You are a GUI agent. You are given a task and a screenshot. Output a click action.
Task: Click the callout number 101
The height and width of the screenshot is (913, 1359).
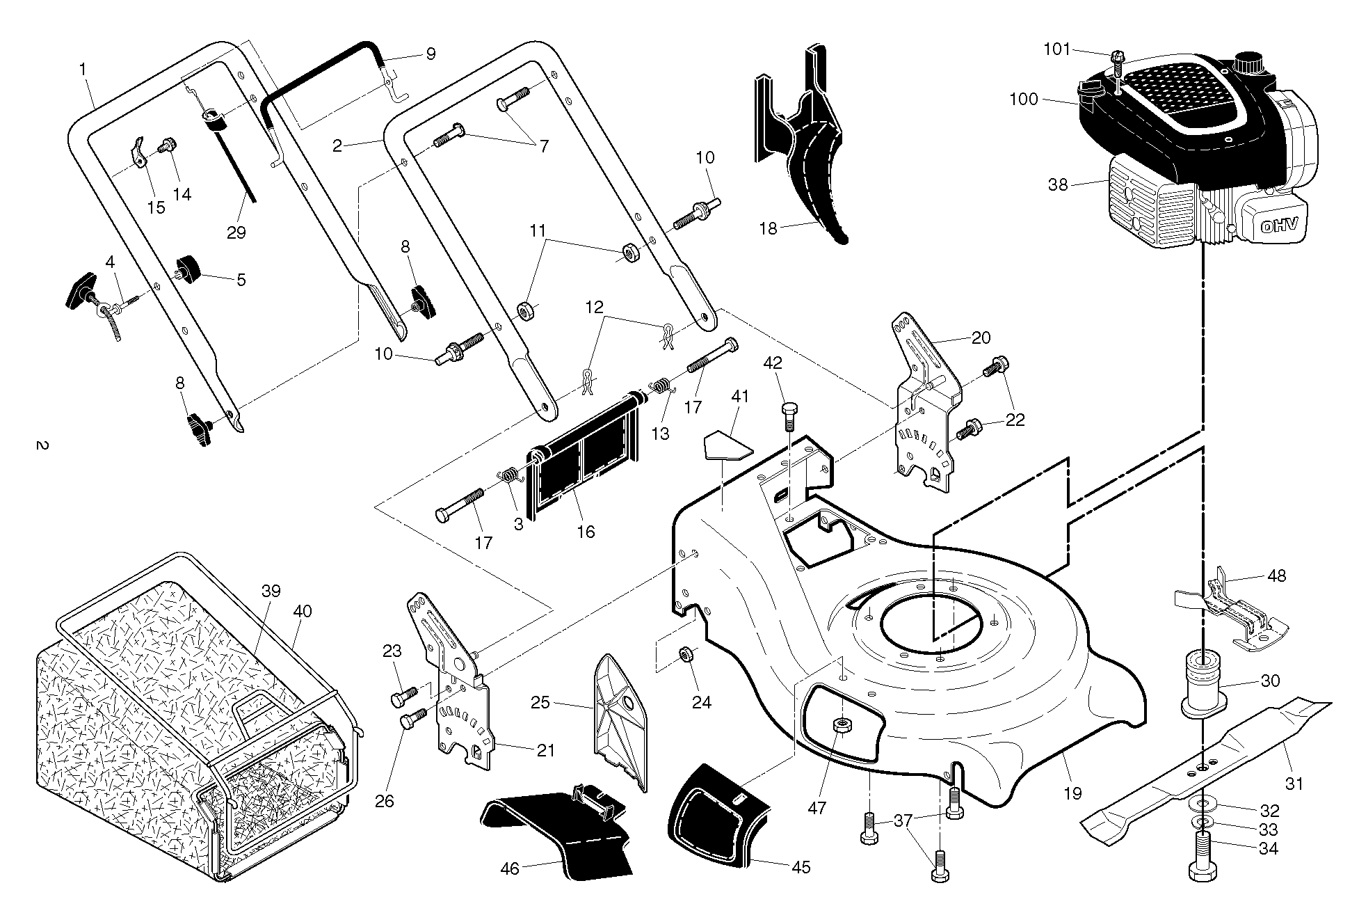1058,49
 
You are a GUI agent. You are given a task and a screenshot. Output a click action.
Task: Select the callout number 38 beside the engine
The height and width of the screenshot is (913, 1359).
1058,185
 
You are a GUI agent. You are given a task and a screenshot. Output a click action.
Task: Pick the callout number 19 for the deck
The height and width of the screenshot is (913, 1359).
1073,793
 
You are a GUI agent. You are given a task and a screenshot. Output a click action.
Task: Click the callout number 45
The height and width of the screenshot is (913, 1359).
801,868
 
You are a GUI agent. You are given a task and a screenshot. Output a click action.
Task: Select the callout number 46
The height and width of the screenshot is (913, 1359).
510,869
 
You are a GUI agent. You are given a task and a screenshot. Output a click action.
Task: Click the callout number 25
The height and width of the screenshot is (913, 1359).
540,702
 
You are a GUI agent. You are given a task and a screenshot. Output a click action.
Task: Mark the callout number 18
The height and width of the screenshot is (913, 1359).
768,228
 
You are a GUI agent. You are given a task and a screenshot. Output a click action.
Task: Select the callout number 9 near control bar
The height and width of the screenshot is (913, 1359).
431,54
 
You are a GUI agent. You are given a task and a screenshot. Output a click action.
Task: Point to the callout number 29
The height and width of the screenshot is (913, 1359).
236,232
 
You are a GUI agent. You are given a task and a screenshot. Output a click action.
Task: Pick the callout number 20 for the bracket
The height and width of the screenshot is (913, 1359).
981,338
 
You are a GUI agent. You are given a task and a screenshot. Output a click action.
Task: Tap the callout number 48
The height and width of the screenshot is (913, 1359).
1276,575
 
